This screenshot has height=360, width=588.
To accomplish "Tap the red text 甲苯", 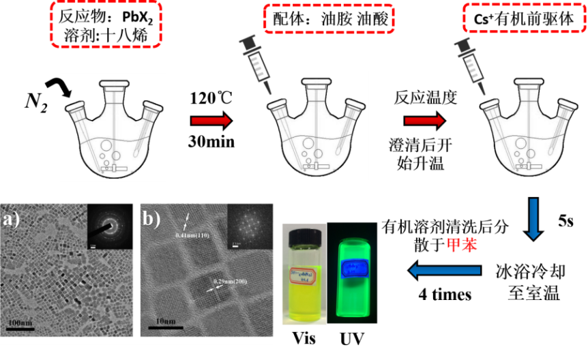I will [462, 245].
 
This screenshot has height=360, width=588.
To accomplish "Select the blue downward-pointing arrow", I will [533, 219].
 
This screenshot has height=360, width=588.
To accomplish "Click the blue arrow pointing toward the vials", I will [444, 271].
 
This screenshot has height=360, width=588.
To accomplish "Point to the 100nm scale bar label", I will [23, 320].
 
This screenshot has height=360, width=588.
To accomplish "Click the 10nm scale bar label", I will [164, 320].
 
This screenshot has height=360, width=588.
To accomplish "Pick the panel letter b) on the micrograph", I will [152, 220].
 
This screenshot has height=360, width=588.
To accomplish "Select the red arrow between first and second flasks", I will [211, 121].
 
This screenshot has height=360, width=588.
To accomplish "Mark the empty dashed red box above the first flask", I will [106, 24].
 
